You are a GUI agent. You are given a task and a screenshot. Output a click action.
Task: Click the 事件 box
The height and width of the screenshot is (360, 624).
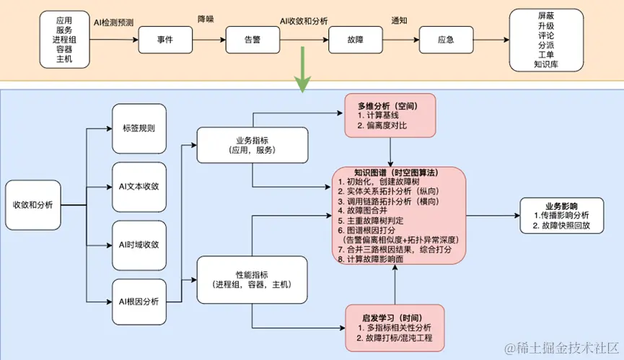click(x=165, y=40)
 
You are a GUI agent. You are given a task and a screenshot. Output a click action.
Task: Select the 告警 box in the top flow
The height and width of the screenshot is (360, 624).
click(x=252, y=40)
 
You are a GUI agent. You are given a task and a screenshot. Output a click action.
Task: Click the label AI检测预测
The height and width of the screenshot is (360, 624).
click(x=117, y=22)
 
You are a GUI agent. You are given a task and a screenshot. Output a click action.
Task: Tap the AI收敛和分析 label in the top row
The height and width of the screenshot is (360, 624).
click(x=304, y=22)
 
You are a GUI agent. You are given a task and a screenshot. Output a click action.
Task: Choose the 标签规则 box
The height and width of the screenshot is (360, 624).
click(x=139, y=129)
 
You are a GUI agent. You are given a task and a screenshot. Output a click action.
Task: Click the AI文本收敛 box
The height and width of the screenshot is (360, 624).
click(x=139, y=186)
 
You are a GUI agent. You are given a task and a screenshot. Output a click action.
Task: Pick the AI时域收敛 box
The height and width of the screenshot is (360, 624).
click(x=139, y=244)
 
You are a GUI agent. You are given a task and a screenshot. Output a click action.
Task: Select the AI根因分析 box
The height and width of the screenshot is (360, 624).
click(x=139, y=301)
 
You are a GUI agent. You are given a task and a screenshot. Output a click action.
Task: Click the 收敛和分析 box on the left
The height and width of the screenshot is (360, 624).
click(x=32, y=205)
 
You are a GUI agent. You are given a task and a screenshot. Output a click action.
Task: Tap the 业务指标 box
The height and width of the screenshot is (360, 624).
click(x=252, y=146)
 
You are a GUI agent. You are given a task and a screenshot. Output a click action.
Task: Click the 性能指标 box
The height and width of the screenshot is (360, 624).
click(x=252, y=279)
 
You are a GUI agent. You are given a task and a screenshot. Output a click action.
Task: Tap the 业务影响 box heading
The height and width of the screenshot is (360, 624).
click(x=561, y=204)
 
